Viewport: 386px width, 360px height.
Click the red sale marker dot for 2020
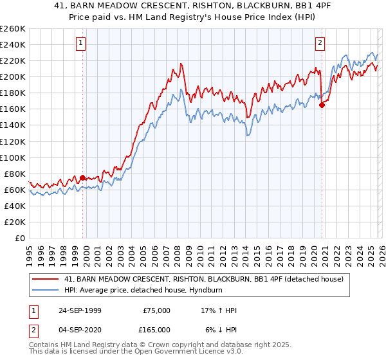coord(322,105)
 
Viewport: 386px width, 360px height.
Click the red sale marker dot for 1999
coord(82,177)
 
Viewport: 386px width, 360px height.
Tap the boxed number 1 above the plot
coord(81,43)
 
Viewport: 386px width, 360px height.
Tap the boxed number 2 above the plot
coord(320,43)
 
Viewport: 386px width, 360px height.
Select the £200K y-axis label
coord(13,76)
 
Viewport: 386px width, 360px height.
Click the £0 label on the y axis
coord(19,238)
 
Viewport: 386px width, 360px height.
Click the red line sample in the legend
coord(46,279)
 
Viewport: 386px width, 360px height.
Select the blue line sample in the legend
coord(46,290)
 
